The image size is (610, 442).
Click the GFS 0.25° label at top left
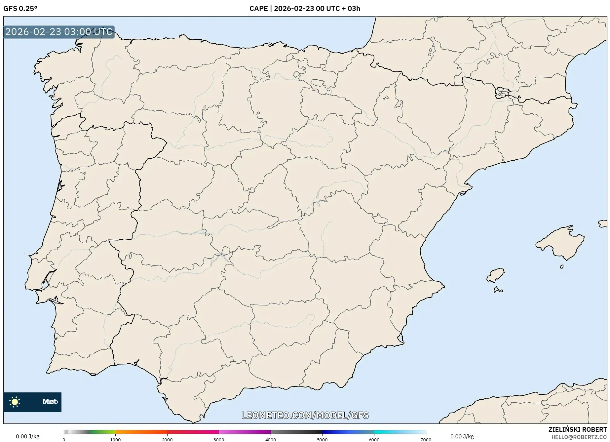coord(20,9)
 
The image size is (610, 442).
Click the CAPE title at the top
coord(305,9)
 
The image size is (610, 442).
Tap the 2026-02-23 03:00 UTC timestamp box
coord(59,32)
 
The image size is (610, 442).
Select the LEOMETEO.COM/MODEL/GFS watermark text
coord(305,415)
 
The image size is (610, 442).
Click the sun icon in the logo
coord(15,402)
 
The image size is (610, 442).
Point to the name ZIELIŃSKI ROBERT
coord(577,429)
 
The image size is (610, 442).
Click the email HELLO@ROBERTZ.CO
coord(579,437)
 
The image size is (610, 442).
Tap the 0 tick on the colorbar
coord(64,439)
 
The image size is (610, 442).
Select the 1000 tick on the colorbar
coord(115,439)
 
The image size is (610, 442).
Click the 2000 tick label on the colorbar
coord(167,439)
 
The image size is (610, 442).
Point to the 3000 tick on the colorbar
coord(219,439)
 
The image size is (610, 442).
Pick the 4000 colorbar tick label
coord(271,439)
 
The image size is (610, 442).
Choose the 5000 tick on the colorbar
coord(322,439)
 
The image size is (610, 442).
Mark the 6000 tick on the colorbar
coord(374,439)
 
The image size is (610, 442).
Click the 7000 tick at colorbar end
coord(426,439)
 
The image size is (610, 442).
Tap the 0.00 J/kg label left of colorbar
coord(27,436)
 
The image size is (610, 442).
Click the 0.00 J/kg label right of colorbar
coord(462,436)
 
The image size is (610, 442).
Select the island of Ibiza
coord(496,275)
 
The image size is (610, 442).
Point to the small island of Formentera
coord(498,290)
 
